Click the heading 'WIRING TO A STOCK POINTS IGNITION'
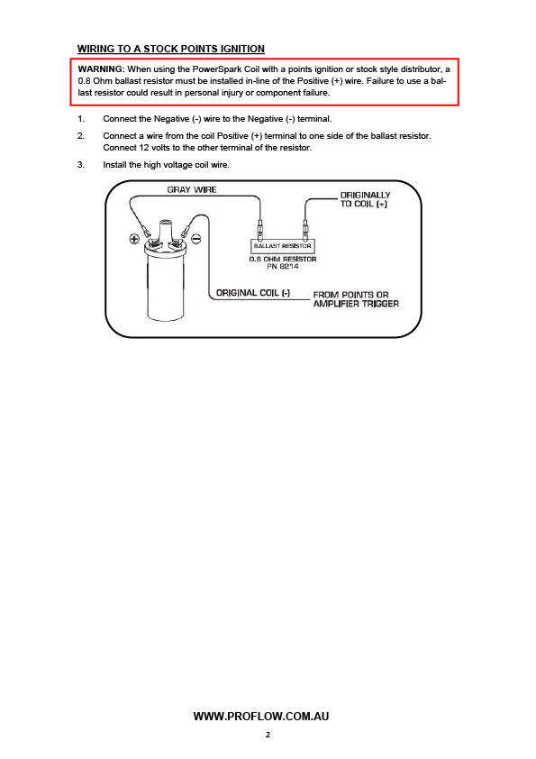[x=171, y=49]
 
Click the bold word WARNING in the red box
[x=101, y=69]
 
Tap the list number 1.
[x=81, y=119]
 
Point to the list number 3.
[x=81, y=165]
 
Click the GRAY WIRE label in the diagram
[x=192, y=189]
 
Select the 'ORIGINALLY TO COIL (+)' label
[x=365, y=199]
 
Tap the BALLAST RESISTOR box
[x=283, y=246]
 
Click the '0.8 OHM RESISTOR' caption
[x=283, y=259]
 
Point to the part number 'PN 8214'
[x=283, y=266]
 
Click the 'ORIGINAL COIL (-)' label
[x=253, y=293]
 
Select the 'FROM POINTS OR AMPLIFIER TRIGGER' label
[x=356, y=299]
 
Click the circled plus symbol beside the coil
[x=134, y=238]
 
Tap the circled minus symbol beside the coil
[x=196, y=238]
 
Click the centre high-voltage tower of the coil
[x=166, y=232]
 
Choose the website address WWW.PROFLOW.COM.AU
[x=261, y=717]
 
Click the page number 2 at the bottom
[x=268, y=735]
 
